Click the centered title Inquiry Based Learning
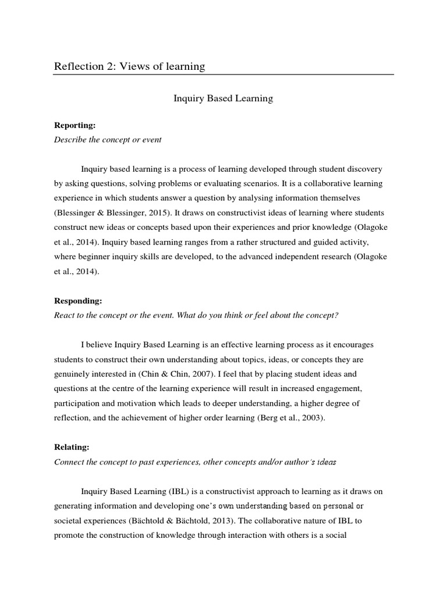[223, 98]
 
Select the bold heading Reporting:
[74, 125]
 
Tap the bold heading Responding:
[78, 301]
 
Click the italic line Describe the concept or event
[108, 140]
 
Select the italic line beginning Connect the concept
[195, 462]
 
